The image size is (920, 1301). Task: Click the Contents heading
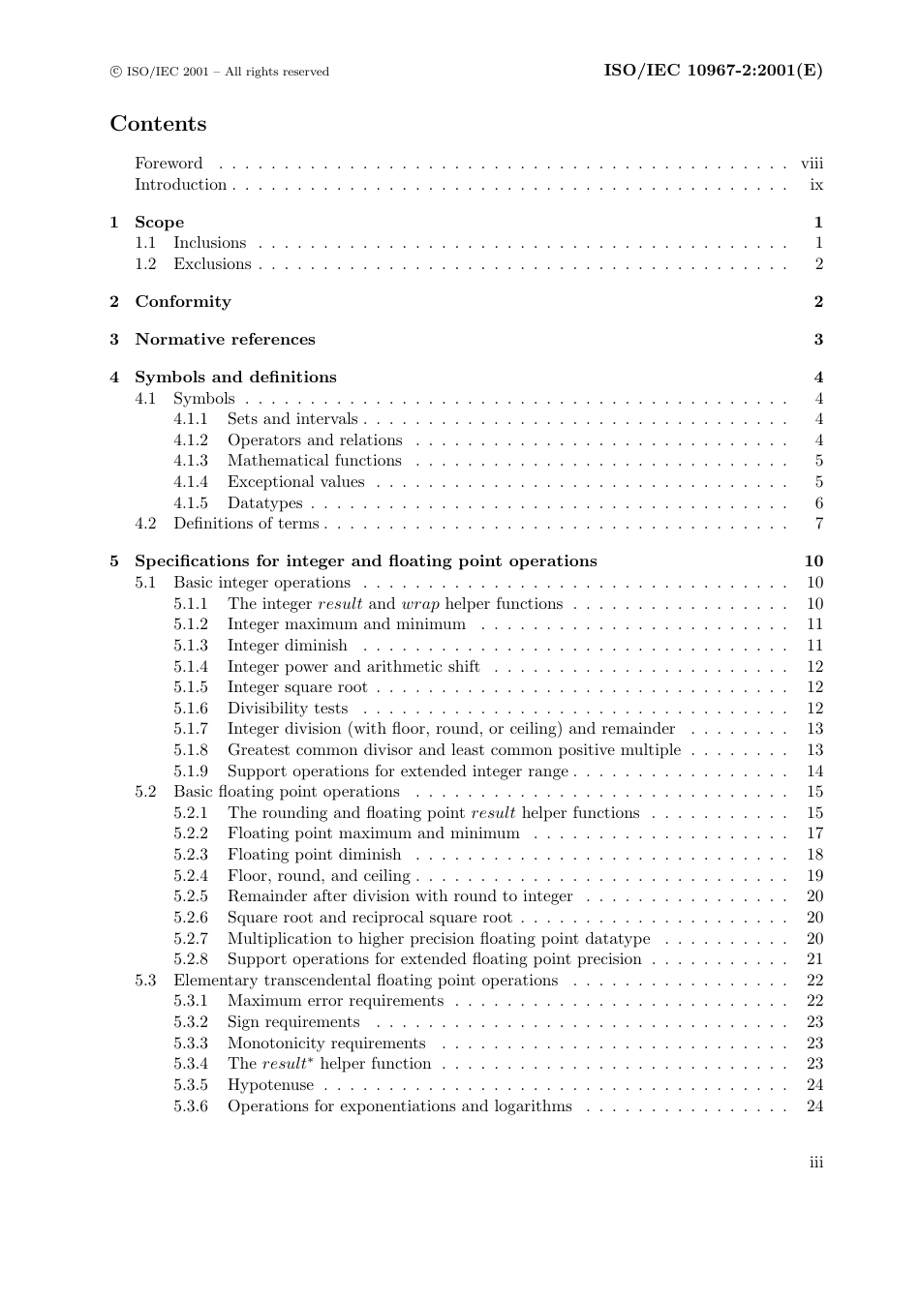click(x=158, y=124)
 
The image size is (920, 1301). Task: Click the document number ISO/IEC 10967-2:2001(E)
click(x=713, y=71)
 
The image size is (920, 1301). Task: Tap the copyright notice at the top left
click(x=220, y=72)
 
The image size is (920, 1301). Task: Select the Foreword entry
click(x=169, y=164)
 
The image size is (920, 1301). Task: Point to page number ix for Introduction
click(x=816, y=185)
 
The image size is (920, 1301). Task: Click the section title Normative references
click(x=225, y=340)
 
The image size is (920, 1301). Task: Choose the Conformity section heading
click(x=183, y=302)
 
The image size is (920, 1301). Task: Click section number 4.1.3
click(x=191, y=461)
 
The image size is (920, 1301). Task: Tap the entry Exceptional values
click(x=295, y=482)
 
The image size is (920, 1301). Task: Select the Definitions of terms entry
click(x=246, y=524)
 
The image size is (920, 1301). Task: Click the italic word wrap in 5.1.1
click(x=419, y=604)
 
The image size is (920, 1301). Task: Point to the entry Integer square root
click(x=297, y=687)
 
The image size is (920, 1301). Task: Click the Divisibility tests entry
click(x=287, y=709)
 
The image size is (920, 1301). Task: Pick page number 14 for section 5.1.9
click(x=814, y=772)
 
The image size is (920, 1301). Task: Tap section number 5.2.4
click(x=191, y=876)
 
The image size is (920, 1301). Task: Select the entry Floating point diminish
click(x=314, y=855)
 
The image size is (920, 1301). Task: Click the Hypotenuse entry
click(x=270, y=1085)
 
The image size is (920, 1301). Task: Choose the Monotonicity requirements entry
click(x=326, y=1044)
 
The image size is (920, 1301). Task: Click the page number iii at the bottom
click(x=816, y=1163)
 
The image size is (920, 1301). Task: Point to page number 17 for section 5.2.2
click(x=814, y=833)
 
